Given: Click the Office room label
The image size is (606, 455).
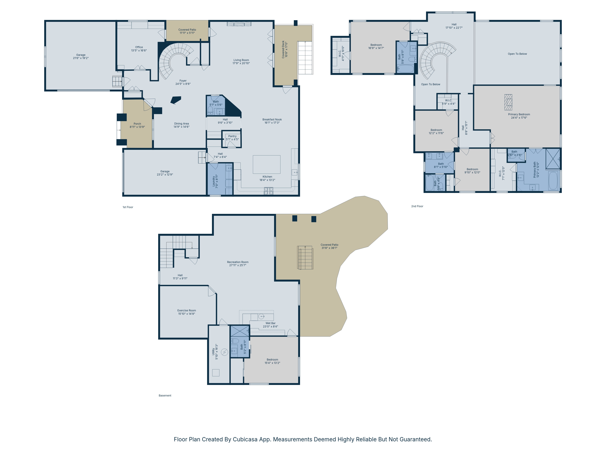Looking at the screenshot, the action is tap(139, 47).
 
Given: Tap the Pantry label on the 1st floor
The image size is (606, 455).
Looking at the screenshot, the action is tap(232, 136).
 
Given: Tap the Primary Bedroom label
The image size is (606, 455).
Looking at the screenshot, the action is tap(519, 114).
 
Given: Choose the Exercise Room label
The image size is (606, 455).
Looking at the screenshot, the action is tap(186, 310).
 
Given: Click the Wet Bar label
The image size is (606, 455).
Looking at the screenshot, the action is tap(270, 323).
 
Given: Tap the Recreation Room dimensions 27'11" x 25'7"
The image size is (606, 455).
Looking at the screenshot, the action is tap(238, 265).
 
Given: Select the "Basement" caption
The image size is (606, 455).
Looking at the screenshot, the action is tap(165, 396).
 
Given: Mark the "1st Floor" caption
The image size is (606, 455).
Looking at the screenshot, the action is tap(128, 207).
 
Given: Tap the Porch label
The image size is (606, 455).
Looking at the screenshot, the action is tap(137, 124).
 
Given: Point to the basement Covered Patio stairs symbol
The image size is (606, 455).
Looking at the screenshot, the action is tap(305, 258).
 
